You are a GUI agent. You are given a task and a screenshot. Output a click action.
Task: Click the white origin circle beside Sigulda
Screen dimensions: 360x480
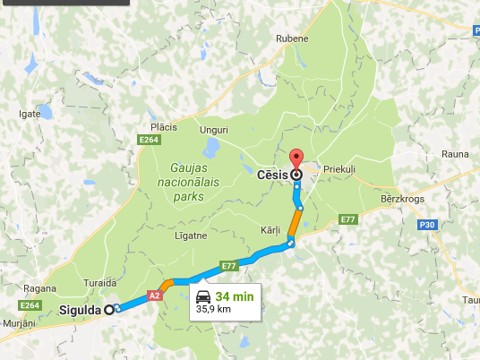[109, 310]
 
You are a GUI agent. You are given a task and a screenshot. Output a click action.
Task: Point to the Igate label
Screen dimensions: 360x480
[30, 115]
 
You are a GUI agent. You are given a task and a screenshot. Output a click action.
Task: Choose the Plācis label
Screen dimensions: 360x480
[164, 127]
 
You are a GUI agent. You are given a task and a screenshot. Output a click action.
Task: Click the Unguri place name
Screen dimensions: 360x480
[214, 130]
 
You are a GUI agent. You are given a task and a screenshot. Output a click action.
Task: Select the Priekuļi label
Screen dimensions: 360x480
[340, 167]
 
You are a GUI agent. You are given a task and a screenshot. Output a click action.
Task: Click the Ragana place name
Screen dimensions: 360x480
[42, 288]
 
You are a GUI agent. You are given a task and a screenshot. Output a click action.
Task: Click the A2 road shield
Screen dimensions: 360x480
[154, 295]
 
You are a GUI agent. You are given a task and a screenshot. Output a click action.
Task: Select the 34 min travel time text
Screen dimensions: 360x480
[233, 296]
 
